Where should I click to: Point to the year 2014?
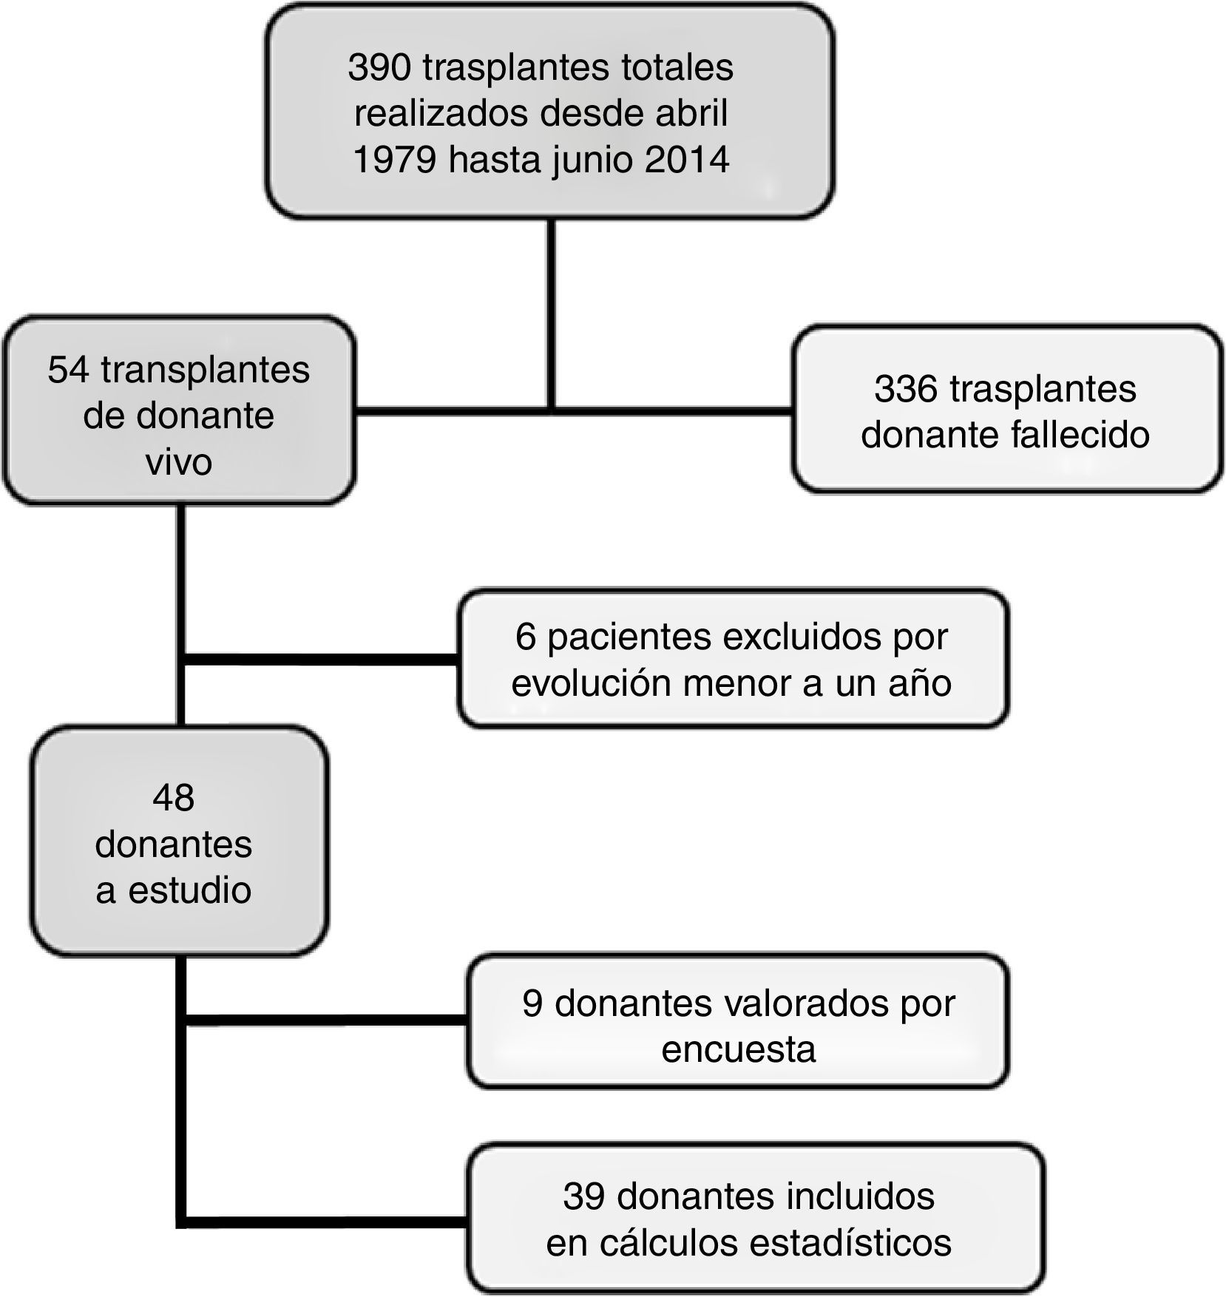686,160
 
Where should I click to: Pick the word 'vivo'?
178,461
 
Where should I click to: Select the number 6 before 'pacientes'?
525,637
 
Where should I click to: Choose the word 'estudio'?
190,890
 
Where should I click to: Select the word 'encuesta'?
738,1049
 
